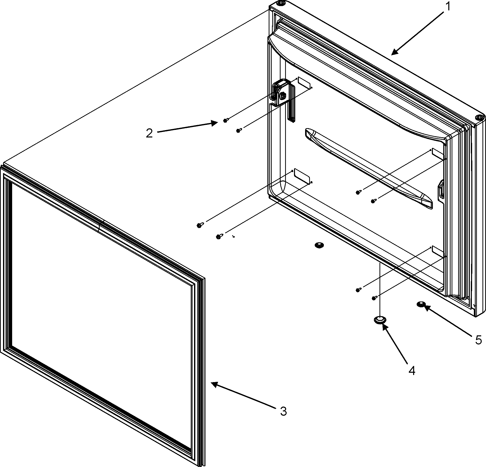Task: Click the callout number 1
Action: (448, 7)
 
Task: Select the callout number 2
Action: (149, 133)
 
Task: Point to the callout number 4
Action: (412, 371)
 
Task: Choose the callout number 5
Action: (478, 340)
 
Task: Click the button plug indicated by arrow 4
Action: (380, 320)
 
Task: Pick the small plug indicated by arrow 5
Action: (421, 304)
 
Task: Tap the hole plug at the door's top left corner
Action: (280, 4)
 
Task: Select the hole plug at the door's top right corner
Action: (478, 118)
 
